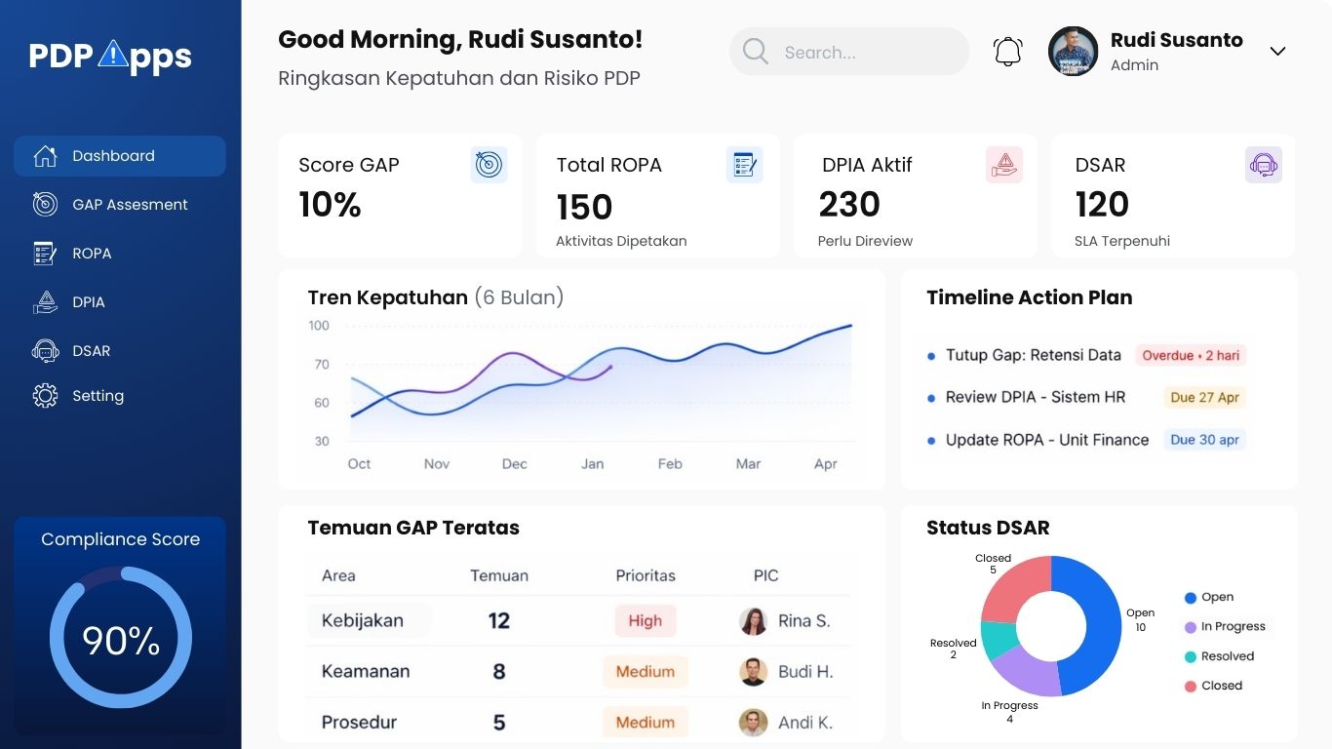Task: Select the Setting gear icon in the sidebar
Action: pos(45,396)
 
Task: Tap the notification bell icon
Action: pos(1007,52)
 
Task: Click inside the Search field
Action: pos(858,53)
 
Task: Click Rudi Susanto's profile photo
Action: pos(1073,52)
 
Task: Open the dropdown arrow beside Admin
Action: pos(1277,52)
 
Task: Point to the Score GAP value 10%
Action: pos(330,205)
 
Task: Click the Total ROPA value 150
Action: pos(584,207)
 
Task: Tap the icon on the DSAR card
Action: pos(1263,165)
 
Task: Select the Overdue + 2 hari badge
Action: pos(1191,356)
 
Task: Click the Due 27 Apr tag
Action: pos(1204,398)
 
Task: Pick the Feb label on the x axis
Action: pos(670,464)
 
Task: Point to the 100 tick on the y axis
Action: pos(319,326)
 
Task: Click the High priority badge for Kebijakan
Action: pos(645,621)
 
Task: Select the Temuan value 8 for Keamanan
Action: pos(499,672)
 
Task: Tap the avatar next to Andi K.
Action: pos(753,723)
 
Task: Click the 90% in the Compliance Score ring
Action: pos(121,641)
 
